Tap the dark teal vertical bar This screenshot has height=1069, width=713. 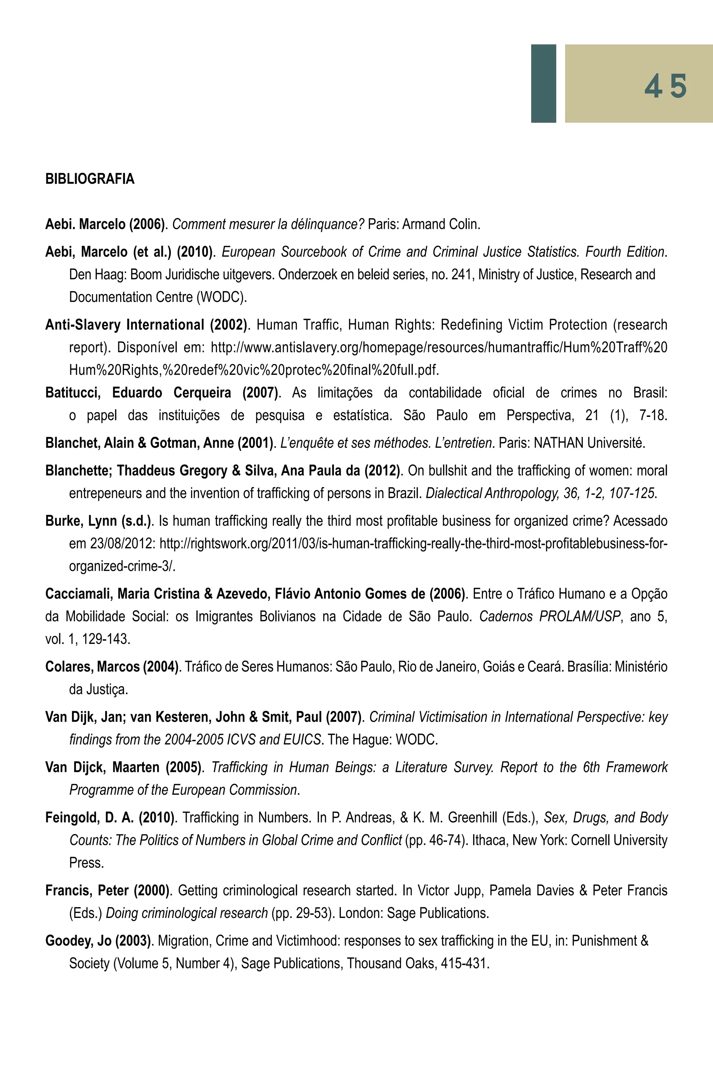tap(543, 83)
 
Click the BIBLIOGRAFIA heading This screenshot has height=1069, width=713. tap(89, 179)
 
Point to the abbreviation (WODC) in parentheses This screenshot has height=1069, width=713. tap(221, 297)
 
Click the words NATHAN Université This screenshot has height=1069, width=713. tap(589, 443)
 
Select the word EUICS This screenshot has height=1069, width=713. tap(303, 740)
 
